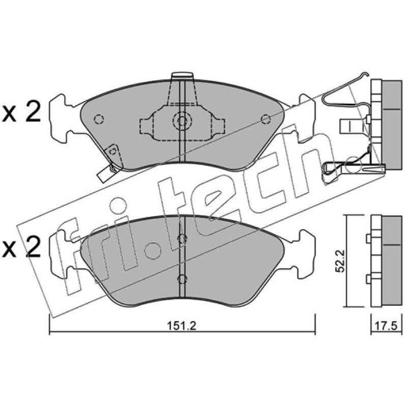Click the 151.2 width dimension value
coord(182,326)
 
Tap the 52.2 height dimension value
coord(339,261)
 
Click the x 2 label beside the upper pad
coord(21,112)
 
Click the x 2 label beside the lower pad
coord(21,247)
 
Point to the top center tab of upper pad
coord(183,76)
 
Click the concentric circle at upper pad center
coord(182,121)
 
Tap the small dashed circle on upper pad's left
coord(99,120)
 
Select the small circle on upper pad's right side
coord(266,120)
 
